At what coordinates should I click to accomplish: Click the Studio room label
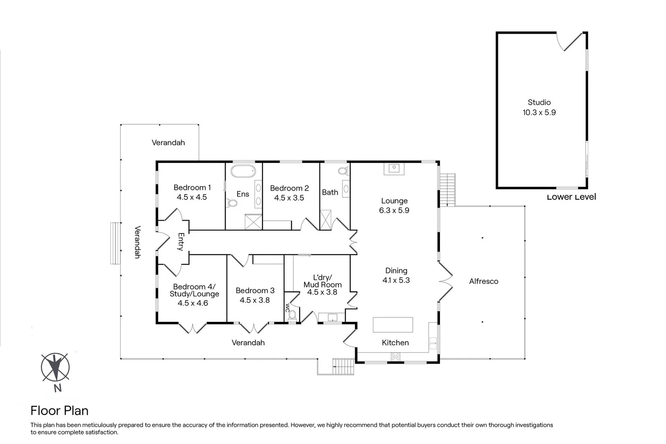click(539, 102)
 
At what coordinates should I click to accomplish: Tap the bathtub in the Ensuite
click(243, 171)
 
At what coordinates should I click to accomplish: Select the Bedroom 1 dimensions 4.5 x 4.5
click(192, 197)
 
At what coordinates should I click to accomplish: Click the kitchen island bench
click(393, 324)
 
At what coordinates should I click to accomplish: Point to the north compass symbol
click(55, 367)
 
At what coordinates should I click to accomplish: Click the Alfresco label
click(483, 281)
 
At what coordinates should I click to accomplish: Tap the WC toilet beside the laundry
click(292, 315)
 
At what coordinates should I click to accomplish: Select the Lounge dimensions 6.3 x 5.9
click(394, 210)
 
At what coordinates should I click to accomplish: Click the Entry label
click(180, 242)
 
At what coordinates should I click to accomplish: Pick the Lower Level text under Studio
click(571, 197)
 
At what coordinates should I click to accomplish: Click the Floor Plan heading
click(59, 410)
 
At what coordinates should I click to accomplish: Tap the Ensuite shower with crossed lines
click(253, 222)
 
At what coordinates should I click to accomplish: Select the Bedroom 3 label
click(255, 291)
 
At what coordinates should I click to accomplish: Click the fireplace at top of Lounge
click(394, 168)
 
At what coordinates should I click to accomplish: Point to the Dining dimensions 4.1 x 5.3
click(396, 280)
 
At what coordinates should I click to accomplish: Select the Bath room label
click(330, 192)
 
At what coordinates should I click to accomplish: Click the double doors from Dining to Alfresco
click(446, 282)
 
